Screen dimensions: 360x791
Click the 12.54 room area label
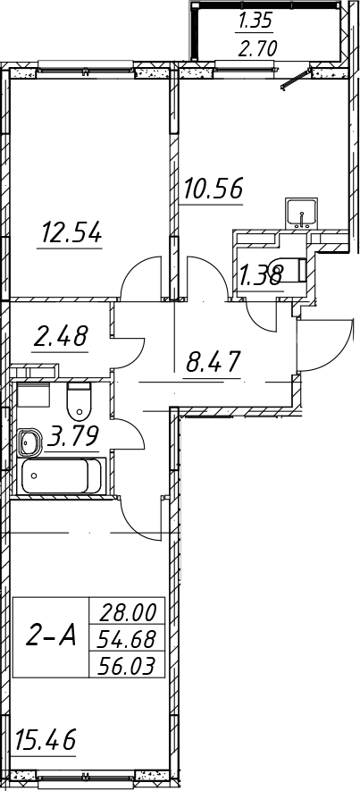[x=71, y=233]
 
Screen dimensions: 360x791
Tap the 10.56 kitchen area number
[x=213, y=189]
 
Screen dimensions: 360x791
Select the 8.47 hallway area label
[x=212, y=361]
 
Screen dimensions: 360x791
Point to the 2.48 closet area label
[x=61, y=335]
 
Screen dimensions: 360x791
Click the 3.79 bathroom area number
[x=72, y=436]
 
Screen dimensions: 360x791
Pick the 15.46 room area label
[x=46, y=740]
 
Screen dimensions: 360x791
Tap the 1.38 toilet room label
[x=260, y=276]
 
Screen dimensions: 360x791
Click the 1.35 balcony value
[x=255, y=21]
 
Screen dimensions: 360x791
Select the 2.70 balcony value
[x=257, y=49]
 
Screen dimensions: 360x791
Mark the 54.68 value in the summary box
[x=126, y=640]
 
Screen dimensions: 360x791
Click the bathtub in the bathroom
[x=61, y=476]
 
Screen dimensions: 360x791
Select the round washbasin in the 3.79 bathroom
[x=30, y=442]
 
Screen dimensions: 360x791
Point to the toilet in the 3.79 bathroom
[x=80, y=401]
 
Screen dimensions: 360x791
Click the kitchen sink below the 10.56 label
[x=302, y=213]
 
